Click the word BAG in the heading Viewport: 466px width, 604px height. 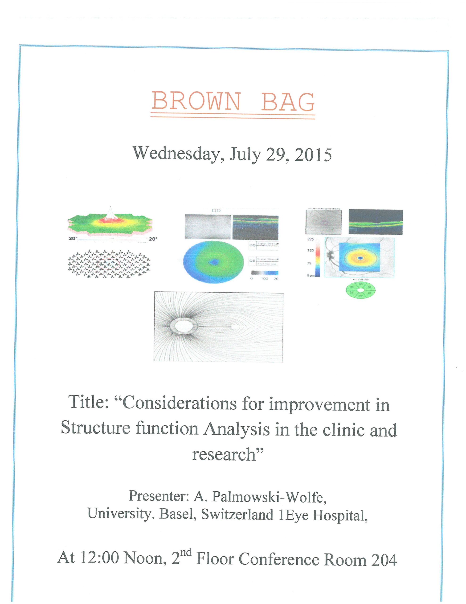pyautogui.click(x=288, y=101)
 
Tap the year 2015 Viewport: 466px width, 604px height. pyautogui.click(x=313, y=155)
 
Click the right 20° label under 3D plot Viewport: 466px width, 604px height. pyautogui.click(x=152, y=239)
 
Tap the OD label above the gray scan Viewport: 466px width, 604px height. pyautogui.click(x=216, y=211)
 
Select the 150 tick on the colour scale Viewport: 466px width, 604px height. pyautogui.click(x=310, y=251)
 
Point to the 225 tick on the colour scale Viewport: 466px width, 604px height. pyautogui.click(x=310, y=239)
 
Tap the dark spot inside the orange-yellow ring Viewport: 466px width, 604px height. pyautogui.click(x=360, y=258)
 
